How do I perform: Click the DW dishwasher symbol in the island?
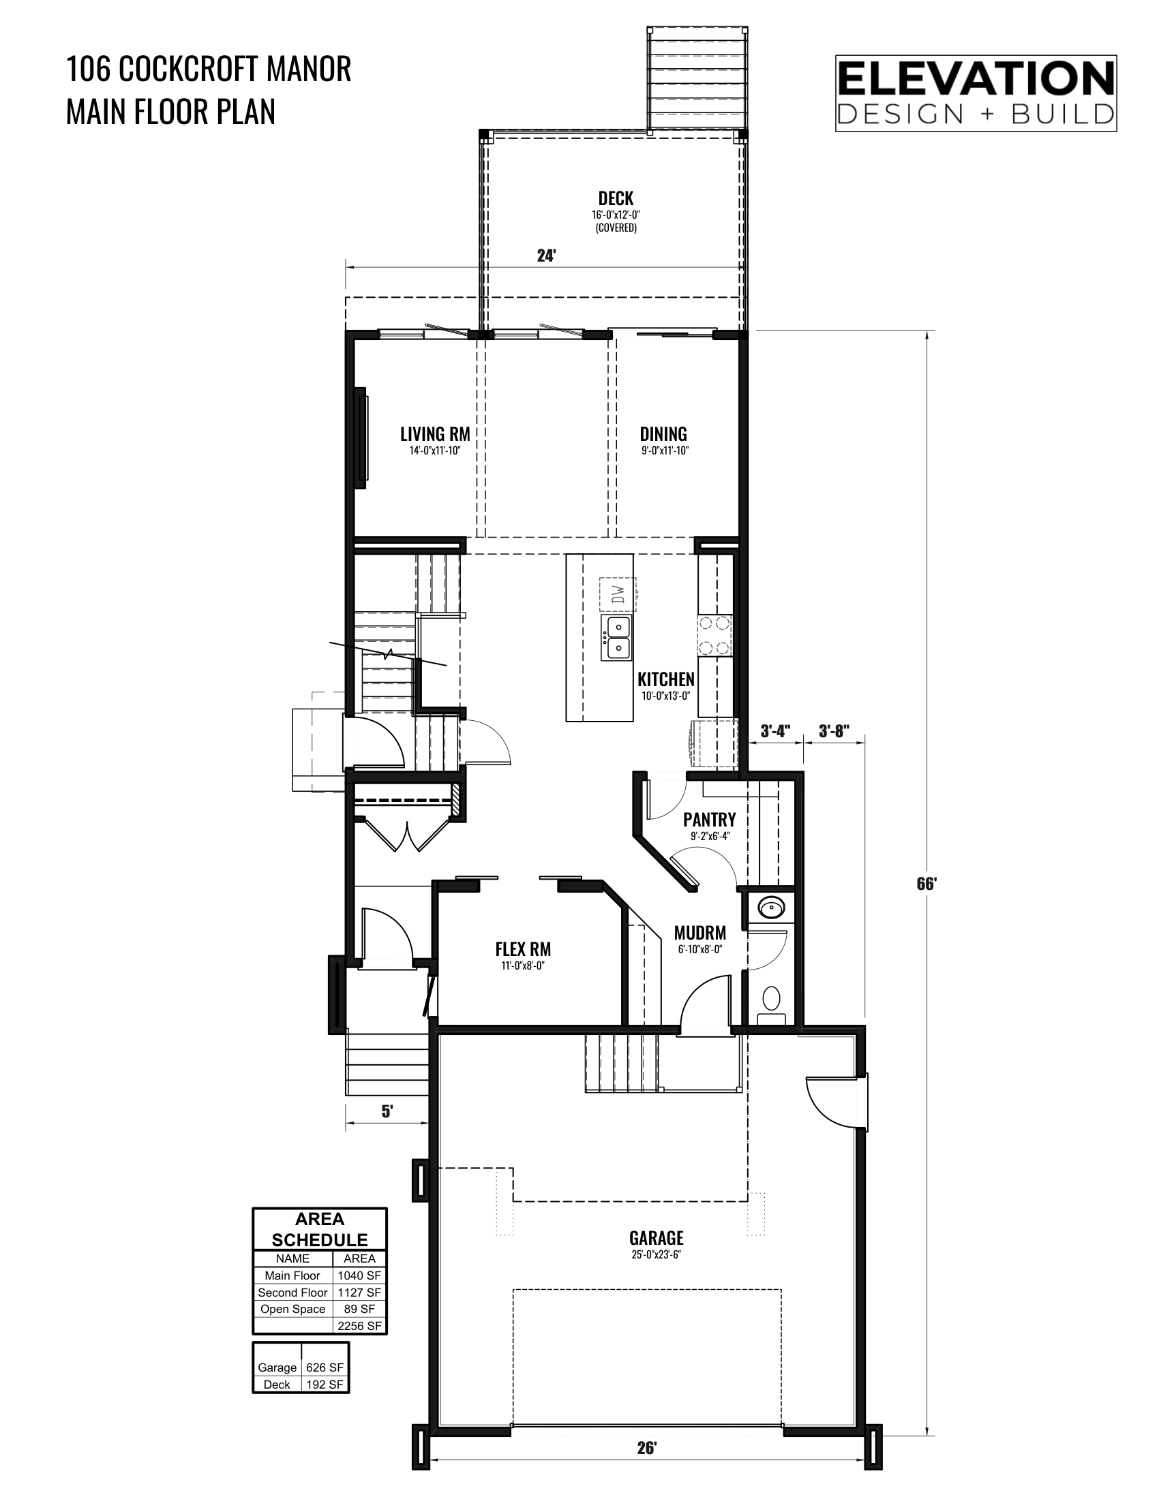click(617, 593)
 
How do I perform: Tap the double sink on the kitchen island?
click(616, 638)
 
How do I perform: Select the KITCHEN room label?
click(666, 679)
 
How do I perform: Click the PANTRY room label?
click(709, 819)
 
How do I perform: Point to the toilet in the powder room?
click(772, 1006)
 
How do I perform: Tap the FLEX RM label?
click(523, 948)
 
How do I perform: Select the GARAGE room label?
click(657, 1238)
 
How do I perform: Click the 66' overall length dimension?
click(927, 883)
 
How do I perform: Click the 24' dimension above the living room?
click(546, 256)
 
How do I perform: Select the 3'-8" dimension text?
click(834, 732)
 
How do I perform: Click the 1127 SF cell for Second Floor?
click(359, 1293)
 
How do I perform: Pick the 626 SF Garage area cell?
click(325, 1367)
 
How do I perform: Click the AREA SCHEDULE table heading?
click(320, 1229)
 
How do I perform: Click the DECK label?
click(616, 198)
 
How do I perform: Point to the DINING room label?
click(663, 434)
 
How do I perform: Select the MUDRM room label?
click(699, 933)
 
